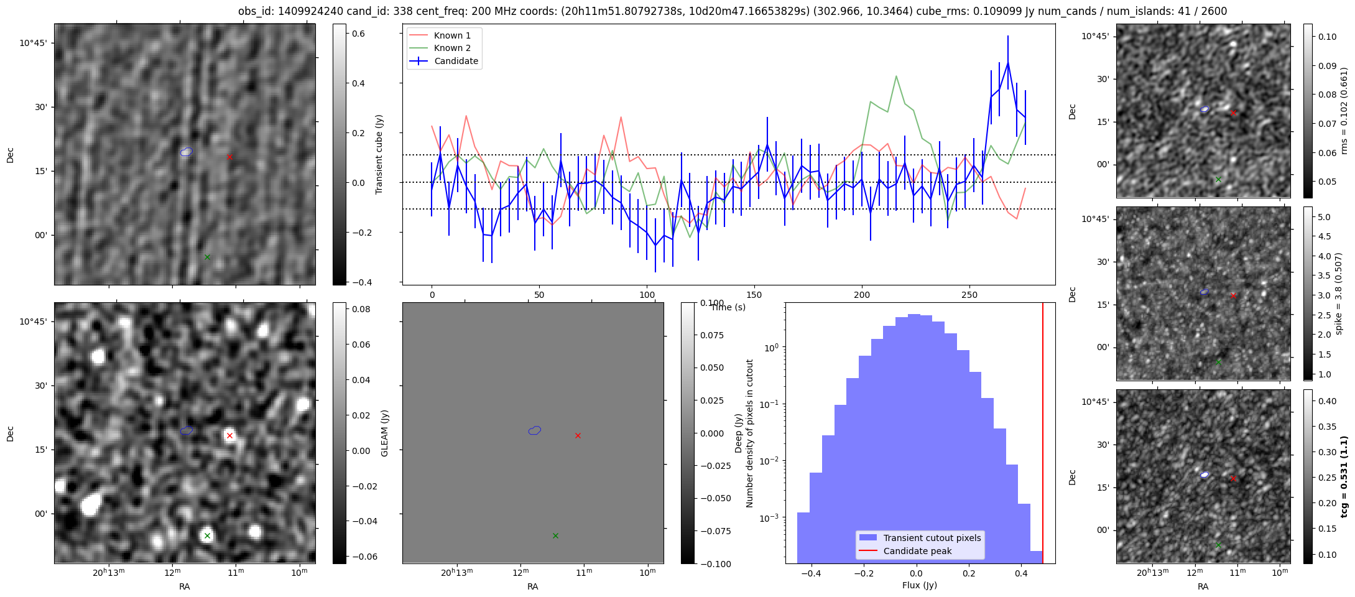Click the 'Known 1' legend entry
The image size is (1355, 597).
click(452, 35)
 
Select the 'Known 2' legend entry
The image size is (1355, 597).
click(452, 48)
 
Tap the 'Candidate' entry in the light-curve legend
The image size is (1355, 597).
click(456, 61)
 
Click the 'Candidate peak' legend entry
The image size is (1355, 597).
click(917, 551)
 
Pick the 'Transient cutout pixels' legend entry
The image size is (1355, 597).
click(932, 538)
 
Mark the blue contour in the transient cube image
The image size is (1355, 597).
click(187, 151)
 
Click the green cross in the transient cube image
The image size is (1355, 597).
click(208, 257)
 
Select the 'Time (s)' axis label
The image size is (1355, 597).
click(728, 307)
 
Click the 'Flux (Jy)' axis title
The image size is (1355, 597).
click(919, 585)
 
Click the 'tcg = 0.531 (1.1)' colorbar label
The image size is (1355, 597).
click(1344, 476)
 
